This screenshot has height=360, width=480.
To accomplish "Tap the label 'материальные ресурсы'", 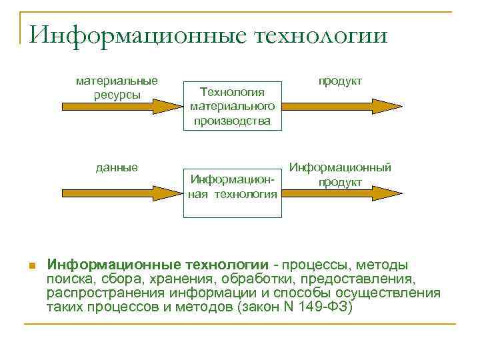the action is coord(117,87).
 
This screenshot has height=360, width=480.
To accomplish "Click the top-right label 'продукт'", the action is coord(340,81).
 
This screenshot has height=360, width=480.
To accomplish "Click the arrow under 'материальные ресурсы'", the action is coord(117,106).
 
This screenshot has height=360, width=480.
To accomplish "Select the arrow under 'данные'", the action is coord(117,193).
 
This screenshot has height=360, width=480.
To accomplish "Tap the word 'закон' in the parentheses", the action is coord(254,307).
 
